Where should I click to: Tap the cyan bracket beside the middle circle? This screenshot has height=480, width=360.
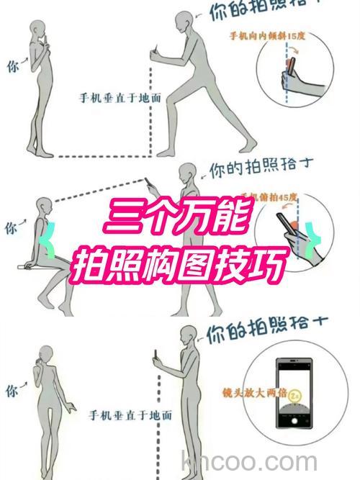(313, 238)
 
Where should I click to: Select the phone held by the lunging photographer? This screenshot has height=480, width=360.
(153, 56)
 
